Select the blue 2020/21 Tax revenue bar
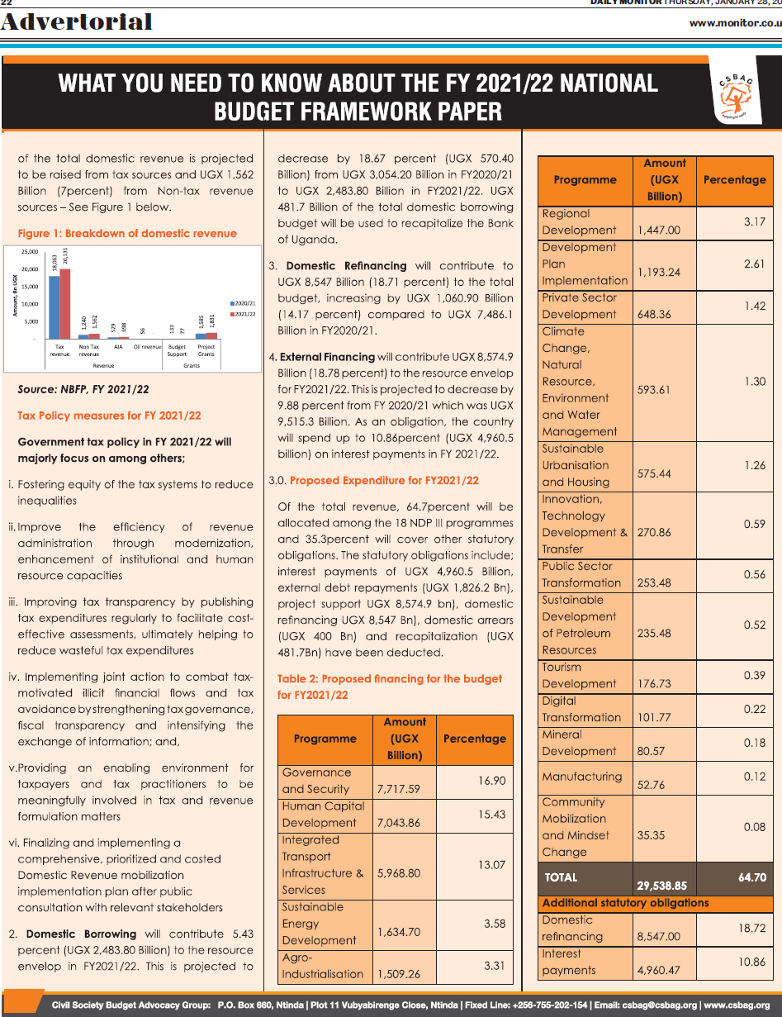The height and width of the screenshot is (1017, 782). pos(55,307)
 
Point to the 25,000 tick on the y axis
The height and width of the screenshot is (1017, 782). pos(29,251)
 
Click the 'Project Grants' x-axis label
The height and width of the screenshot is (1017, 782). pos(206,350)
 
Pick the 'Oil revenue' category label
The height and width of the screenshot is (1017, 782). pos(148,347)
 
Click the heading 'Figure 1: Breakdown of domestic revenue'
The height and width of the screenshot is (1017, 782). pos(127,234)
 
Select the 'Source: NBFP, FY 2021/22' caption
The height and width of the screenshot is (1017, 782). pos(83,389)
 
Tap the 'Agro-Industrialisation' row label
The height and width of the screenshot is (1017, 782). pos(323,966)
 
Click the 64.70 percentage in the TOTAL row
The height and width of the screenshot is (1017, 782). pos(752,877)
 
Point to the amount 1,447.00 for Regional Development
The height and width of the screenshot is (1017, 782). pos(659,230)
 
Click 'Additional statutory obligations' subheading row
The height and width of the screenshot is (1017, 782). pos(626,903)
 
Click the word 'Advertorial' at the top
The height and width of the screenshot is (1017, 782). pos(77,21)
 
